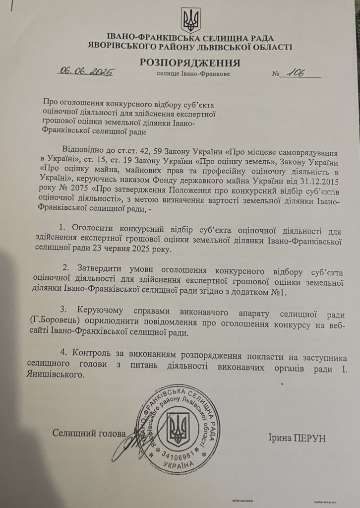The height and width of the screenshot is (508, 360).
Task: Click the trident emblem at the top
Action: pyautogui.click(x=190, y=20)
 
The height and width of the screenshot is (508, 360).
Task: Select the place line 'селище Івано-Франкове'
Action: pyautogui.click(x=193, y=74)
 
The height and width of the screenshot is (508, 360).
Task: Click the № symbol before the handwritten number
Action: pyautogui.click(x=276, y=75)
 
